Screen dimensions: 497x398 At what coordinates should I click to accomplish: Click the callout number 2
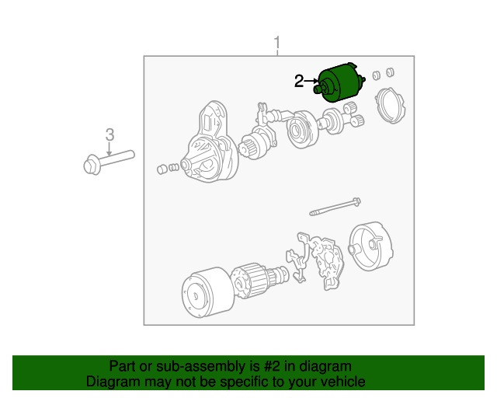pos(299,82)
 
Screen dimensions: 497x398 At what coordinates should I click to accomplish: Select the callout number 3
pos(109,135)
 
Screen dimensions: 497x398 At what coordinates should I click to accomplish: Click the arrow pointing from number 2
pos(311,82)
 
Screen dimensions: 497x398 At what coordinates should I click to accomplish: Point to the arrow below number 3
pos(109,148)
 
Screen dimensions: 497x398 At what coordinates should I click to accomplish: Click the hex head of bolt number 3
pos(92,165)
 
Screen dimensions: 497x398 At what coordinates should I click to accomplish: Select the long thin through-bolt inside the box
pos(335,207)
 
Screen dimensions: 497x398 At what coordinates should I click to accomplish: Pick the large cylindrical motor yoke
pos(207,292)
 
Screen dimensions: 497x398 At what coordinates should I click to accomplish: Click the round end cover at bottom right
pos(370,246)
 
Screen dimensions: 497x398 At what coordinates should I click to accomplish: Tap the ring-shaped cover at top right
pos(390,106)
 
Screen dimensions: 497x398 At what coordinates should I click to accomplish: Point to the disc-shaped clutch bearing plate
pos(301,129)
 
